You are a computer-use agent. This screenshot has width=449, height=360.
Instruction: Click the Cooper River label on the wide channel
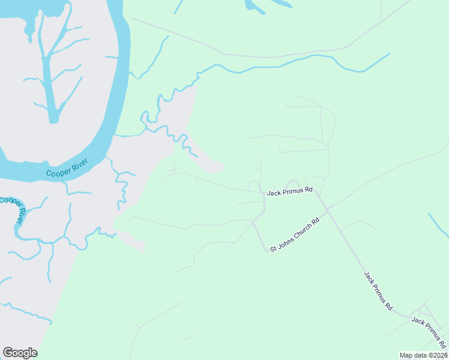click(67, 167)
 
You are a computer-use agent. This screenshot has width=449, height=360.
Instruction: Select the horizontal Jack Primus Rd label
click(290, 190)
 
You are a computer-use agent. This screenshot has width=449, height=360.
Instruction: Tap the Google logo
click(20, 352)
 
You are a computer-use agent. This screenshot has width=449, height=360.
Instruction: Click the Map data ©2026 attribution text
click(423, 355)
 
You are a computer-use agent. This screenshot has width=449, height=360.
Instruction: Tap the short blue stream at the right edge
click(439, 225)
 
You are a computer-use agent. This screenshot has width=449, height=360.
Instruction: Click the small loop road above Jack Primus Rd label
click(293, 182)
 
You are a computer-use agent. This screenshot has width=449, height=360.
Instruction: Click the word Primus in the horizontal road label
click(291, 190)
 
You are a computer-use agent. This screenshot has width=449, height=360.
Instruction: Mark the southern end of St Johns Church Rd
click(267, 251)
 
